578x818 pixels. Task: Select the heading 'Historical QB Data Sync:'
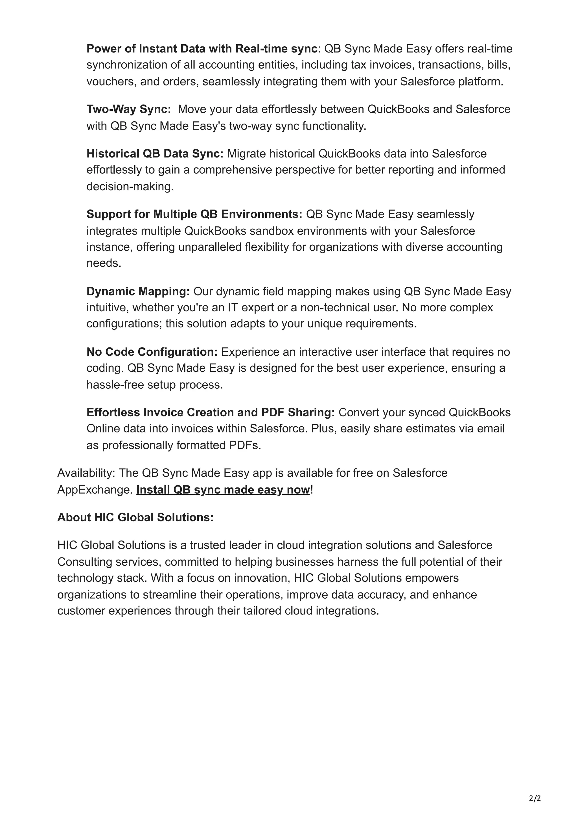click(x=155, y=154)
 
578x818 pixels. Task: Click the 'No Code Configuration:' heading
click(x=152, y=352)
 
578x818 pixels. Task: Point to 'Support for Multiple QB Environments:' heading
click(x=194, y=214)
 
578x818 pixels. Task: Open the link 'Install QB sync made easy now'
click(x=223, y=490)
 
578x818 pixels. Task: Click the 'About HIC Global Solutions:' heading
click(x=135, y=517)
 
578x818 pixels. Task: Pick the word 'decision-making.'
click(x=130, y=187)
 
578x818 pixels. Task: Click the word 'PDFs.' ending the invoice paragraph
click(x=245, y=446)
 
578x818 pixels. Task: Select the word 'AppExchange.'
click(x=95, y=490)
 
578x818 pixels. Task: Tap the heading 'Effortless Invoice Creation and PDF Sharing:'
click(x=211, y=413)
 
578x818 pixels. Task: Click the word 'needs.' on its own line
click(x=104, y=263)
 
